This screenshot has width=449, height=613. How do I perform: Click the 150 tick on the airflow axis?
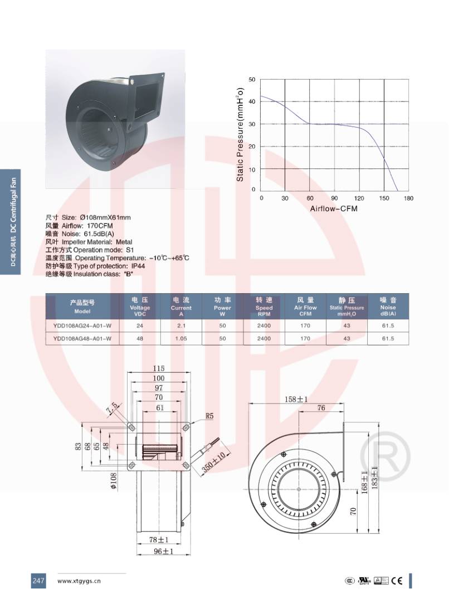click(x=384, y=198)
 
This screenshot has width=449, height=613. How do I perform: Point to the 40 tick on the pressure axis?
click(x=252, y=101)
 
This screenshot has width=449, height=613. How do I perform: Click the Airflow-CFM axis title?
click(x=334, y=208)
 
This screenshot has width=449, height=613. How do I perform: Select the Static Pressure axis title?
click(x=240, y=134)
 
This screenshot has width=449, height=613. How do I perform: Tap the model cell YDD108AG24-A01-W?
click(x=82, y=325)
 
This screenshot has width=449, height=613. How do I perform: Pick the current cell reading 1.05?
click(x=181, y=339)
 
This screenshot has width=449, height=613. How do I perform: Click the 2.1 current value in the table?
click(x=181, y=325)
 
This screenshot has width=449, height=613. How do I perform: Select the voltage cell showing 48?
click(x=140, y=339)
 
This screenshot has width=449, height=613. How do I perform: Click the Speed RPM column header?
click(x=264, y=306)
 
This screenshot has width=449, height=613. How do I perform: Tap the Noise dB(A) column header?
click(x=388, y=306)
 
